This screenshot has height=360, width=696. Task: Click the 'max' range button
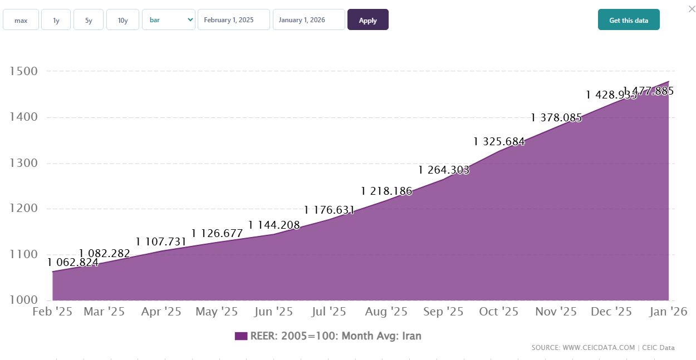point(21,20)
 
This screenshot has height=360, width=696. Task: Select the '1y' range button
point(56,20)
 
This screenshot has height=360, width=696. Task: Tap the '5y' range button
point(89,20)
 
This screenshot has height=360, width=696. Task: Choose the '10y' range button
point(122,20)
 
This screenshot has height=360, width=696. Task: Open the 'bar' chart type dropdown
point(169,20)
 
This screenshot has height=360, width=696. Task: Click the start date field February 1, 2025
point(233,20)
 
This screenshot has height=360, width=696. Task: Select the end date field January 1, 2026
point(308,20)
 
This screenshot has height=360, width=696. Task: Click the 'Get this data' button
point(629,20)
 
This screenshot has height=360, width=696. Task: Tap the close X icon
point(692,8)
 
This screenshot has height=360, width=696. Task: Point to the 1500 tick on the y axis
point(23,71)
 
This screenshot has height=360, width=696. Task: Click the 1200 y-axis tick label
point(23,209)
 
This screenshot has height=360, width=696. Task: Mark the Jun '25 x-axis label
point(273,312)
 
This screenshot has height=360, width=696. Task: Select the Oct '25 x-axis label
point(499,312)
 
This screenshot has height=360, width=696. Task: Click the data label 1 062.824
point(73,263)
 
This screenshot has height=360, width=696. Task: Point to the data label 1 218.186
point(386,191)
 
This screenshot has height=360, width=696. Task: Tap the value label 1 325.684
point(499,142)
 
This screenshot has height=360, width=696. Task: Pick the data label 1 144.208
point(274,225)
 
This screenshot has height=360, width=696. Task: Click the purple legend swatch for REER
point(241,336)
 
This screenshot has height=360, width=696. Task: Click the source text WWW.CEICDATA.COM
point(599,348)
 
